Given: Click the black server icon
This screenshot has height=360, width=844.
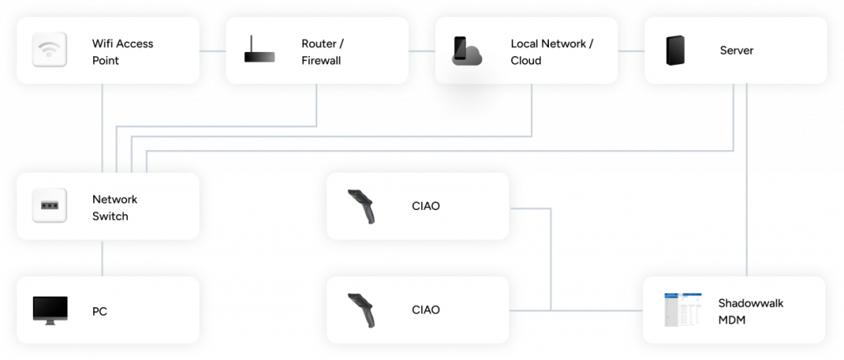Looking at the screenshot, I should (677, 51).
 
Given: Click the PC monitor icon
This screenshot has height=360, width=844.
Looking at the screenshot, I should (49, 311).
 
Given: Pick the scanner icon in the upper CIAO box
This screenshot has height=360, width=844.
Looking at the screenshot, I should (363, 206).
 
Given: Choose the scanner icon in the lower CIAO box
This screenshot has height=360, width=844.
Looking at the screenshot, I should (363, 310).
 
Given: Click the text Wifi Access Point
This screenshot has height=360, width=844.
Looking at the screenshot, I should (122, 51).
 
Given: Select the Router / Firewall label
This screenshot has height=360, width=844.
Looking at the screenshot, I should (321, 51).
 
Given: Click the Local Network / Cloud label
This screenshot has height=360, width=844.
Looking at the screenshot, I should (551, 51).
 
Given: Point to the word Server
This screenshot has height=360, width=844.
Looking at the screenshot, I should (736, 51).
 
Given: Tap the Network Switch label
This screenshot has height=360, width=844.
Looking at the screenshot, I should (115, 207).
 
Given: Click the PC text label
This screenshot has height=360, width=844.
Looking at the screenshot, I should (99, 311).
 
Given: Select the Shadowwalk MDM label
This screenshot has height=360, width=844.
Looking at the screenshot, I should (751, 311).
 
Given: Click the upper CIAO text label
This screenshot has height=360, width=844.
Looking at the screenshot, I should (425, 206).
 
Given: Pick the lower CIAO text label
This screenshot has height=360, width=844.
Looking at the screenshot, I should (425, 310).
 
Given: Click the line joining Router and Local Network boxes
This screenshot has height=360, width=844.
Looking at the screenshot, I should (421, 51).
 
